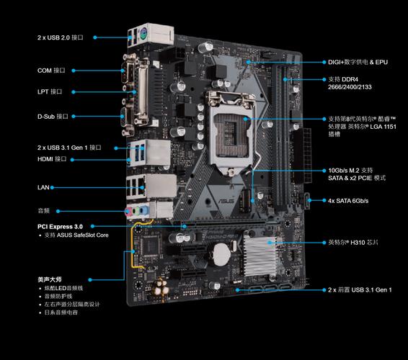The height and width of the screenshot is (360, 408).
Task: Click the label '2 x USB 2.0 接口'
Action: point(61,36)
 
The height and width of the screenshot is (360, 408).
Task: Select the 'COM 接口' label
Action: point(52,71)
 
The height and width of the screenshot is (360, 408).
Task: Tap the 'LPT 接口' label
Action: point(50,91)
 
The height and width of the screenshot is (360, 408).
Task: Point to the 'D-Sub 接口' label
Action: point(53,115)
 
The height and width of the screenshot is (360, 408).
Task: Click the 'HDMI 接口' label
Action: point(52,158)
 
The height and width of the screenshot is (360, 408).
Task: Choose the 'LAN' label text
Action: point(43,186)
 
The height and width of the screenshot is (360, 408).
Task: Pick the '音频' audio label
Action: point(44,211)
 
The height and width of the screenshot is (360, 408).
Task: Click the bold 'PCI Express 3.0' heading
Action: point(66,226)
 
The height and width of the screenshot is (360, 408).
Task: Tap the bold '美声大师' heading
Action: point(50,278)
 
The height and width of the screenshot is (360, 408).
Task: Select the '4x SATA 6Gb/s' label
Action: point(348,200)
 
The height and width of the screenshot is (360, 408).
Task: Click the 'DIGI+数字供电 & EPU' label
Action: point(358,62)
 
